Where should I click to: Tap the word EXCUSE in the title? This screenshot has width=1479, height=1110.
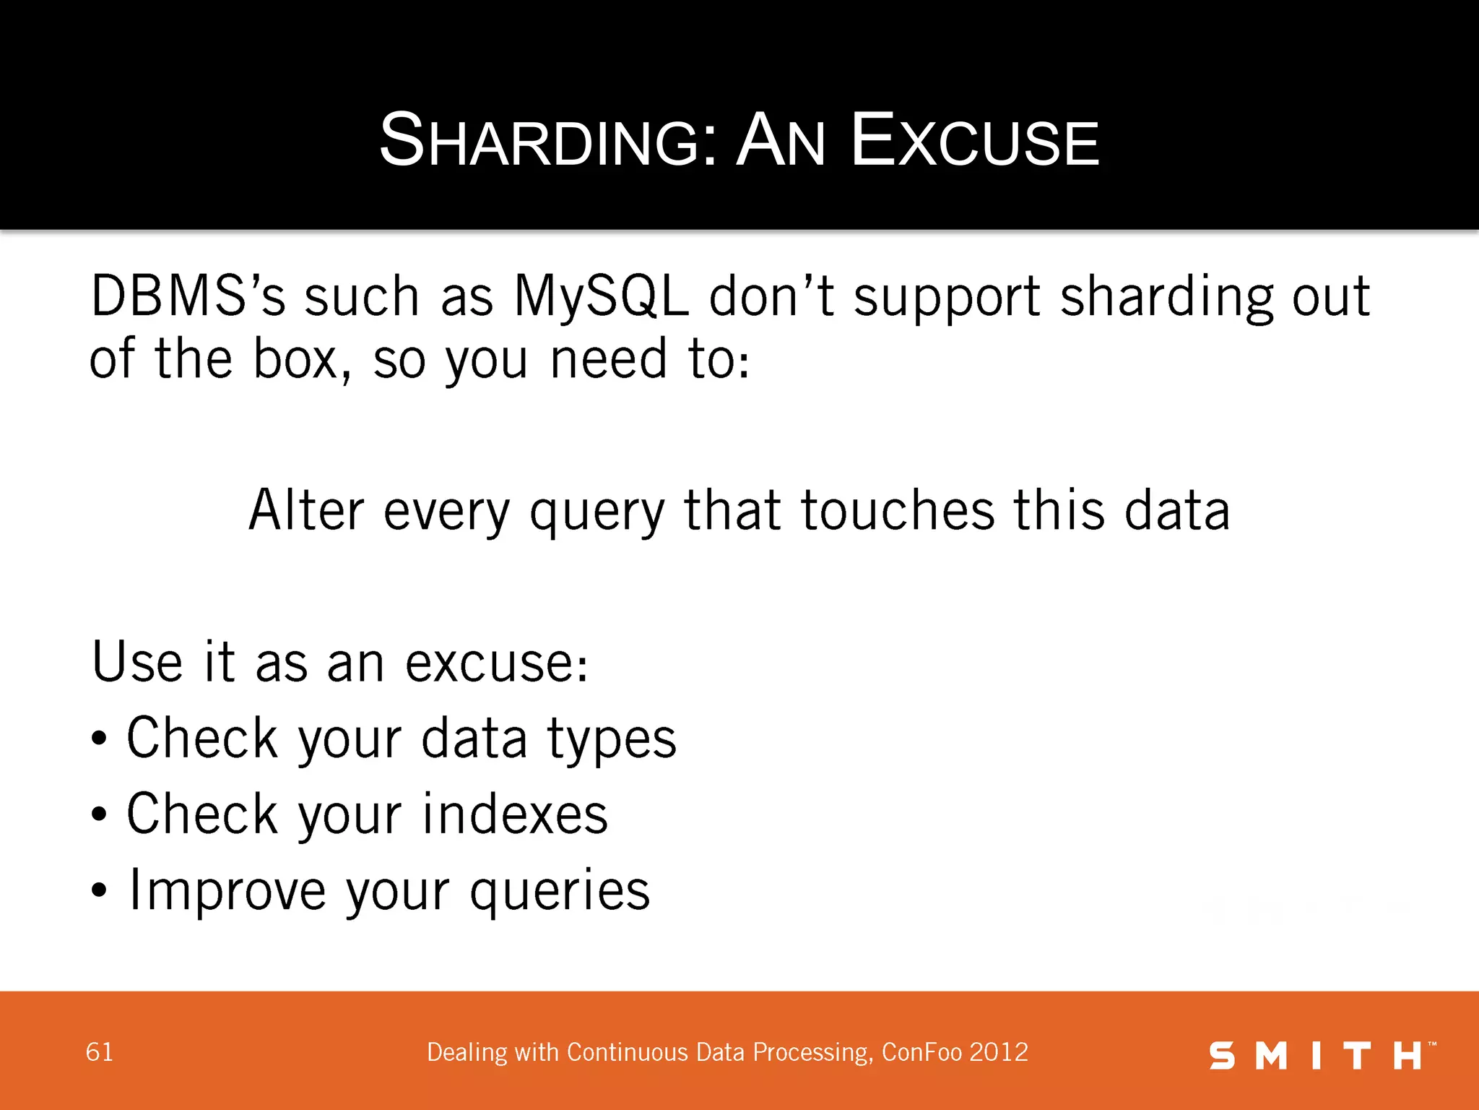point(975,141)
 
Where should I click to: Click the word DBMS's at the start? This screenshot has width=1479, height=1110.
point(188,297)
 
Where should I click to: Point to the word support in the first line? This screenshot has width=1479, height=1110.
point(947,298)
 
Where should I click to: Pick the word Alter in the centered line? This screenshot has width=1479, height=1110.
point(306,511)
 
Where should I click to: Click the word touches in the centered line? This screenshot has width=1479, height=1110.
point(898,511)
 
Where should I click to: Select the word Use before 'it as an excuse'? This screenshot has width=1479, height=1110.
point(137,662)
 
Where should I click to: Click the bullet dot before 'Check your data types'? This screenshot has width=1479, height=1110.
point(99,739)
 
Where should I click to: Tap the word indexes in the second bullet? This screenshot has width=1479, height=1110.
point(515,814)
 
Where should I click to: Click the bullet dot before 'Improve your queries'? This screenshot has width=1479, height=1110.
point(99,891)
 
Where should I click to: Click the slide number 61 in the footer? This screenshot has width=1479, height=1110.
point(100,1052)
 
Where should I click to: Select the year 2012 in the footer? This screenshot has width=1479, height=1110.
point(999,1052)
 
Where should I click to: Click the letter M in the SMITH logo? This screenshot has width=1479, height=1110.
point(1271,1056)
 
